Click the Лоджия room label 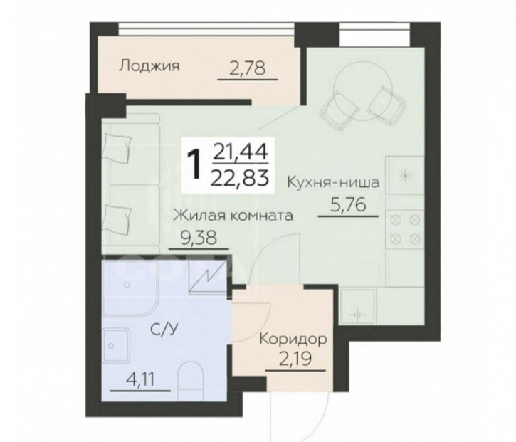(x=149, y=66)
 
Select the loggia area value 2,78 (x=247, y=69)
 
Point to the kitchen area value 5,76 (x=348, y=206)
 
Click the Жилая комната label (x=233, y=216)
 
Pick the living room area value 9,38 (x=199, y=238)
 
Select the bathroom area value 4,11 (x=140, y=381)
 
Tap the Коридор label (x=293, y=340)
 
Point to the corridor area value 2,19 (x=295, y=359)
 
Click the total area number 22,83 (x=241, y=179)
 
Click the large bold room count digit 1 (x=196, y=165)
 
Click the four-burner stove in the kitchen (x=406, y=228)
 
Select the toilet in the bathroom (x=191, y=381)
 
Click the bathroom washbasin (x=115, y=346)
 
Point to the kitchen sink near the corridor (x=358, y=306)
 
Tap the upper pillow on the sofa (x=117, y=149)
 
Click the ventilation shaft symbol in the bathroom (x=208, y=276)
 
